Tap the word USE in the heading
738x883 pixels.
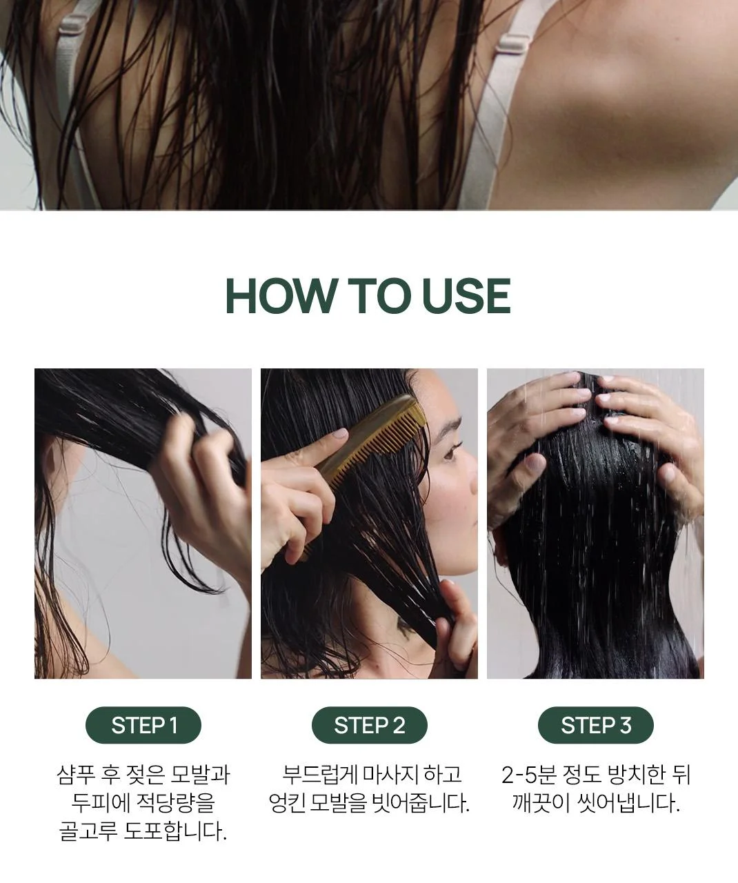tap(466, 296)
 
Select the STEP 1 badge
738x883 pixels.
tap(143, 725)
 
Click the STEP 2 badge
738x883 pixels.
tap(369, 725)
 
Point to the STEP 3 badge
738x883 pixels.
tap(595, 725)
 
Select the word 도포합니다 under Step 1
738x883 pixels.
tap(175, 831)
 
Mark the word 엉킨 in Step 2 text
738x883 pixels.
tap(287, 803)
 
